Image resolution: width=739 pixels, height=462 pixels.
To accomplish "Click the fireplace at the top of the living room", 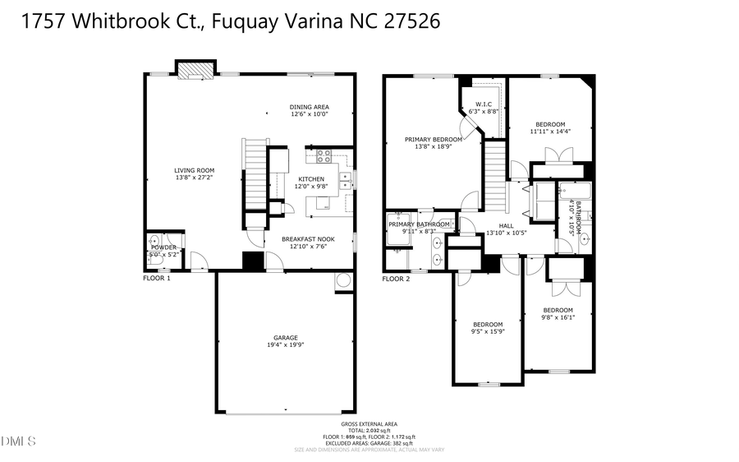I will (x=195, y=72).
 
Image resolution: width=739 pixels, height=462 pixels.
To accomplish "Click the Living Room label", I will (x=195, y=170).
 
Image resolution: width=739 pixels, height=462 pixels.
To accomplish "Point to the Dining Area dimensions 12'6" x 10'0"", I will (x=310, y=114).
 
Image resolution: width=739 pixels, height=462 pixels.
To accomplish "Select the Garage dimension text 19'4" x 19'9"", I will (x=286, y=345).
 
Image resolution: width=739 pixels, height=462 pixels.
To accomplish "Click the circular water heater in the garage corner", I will (x=342, y=281).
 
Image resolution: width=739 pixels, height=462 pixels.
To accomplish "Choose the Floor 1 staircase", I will (x=255, y=174).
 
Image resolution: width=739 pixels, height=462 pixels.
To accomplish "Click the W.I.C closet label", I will (x=482, y=104).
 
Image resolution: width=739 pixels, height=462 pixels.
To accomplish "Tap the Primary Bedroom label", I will (x=433, y=140).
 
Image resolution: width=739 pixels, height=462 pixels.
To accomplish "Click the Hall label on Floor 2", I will (x=506, y=225).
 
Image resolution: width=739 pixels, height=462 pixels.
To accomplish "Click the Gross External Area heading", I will (x=369, y=424).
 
